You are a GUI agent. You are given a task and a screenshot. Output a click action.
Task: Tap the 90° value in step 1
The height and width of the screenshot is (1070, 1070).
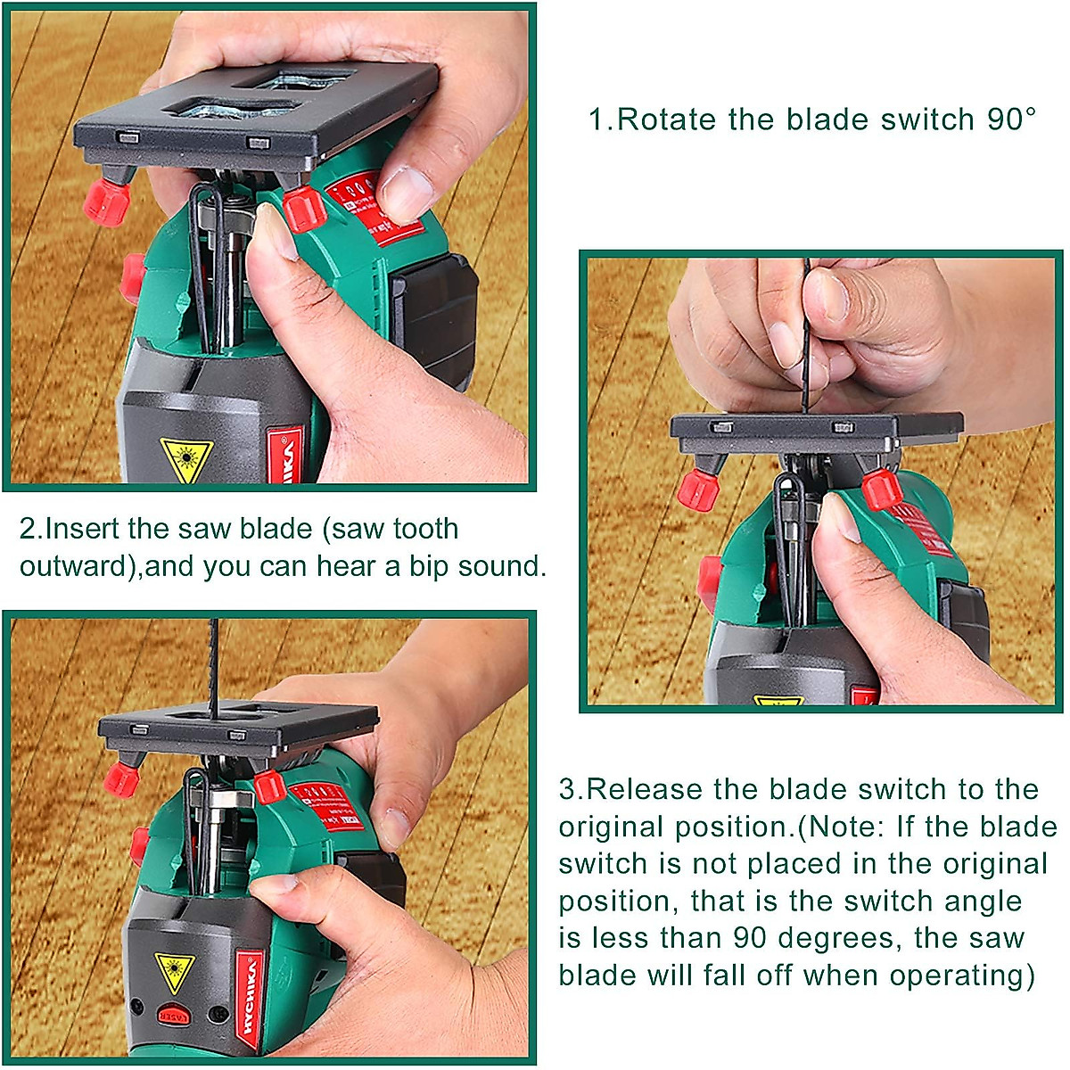(1011, 119)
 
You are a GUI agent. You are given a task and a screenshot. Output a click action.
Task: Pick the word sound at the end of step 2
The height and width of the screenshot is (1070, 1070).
(505, 566)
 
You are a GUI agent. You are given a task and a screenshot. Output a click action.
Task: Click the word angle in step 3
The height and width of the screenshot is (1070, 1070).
(975, 901)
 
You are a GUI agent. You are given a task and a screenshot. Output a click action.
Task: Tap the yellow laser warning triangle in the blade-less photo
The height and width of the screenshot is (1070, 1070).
(185, 458)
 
